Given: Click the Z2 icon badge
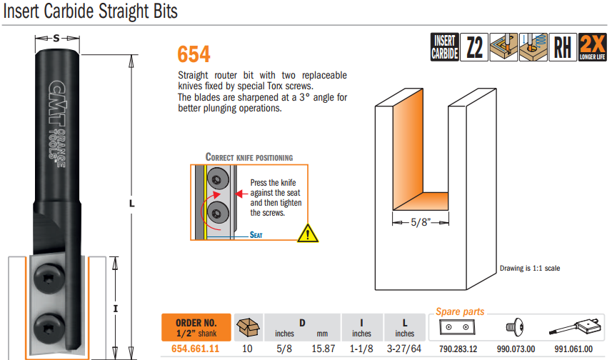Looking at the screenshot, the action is pos(474,47).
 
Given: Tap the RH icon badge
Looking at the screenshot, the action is pos(563,47).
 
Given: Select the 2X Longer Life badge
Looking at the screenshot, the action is pos(592,47).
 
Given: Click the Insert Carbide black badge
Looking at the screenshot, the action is pos(445,47).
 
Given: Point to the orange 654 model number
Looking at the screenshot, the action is pos(194,54).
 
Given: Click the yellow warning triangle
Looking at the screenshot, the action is pos(308,234).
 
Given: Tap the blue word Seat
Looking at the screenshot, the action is pos(256,235).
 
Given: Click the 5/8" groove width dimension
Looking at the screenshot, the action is pos(421,222).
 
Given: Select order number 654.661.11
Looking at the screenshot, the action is pos(195,349).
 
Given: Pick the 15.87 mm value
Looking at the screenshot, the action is pos(323,349).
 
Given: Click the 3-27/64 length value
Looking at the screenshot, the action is pos(404,349).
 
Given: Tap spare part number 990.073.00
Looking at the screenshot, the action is pos(516,349).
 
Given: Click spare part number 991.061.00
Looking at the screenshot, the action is pos(573,349).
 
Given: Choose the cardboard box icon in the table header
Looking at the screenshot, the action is pos(248,327).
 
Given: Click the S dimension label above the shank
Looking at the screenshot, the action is pos(56,39).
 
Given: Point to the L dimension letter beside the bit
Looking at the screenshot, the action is pos(132,204).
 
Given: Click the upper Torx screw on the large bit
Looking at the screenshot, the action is pos(49,278).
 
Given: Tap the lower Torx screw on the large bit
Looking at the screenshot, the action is pos(49,328).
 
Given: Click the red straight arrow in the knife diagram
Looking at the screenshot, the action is pos(242,194).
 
